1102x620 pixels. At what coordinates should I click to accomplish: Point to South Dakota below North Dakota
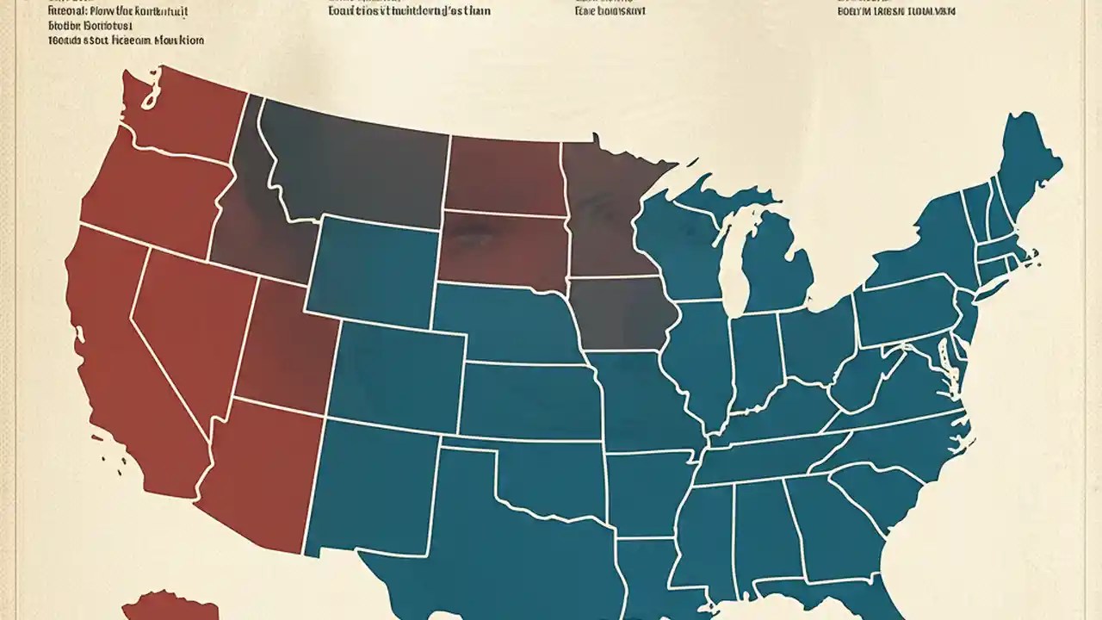[x=499, y=250]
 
